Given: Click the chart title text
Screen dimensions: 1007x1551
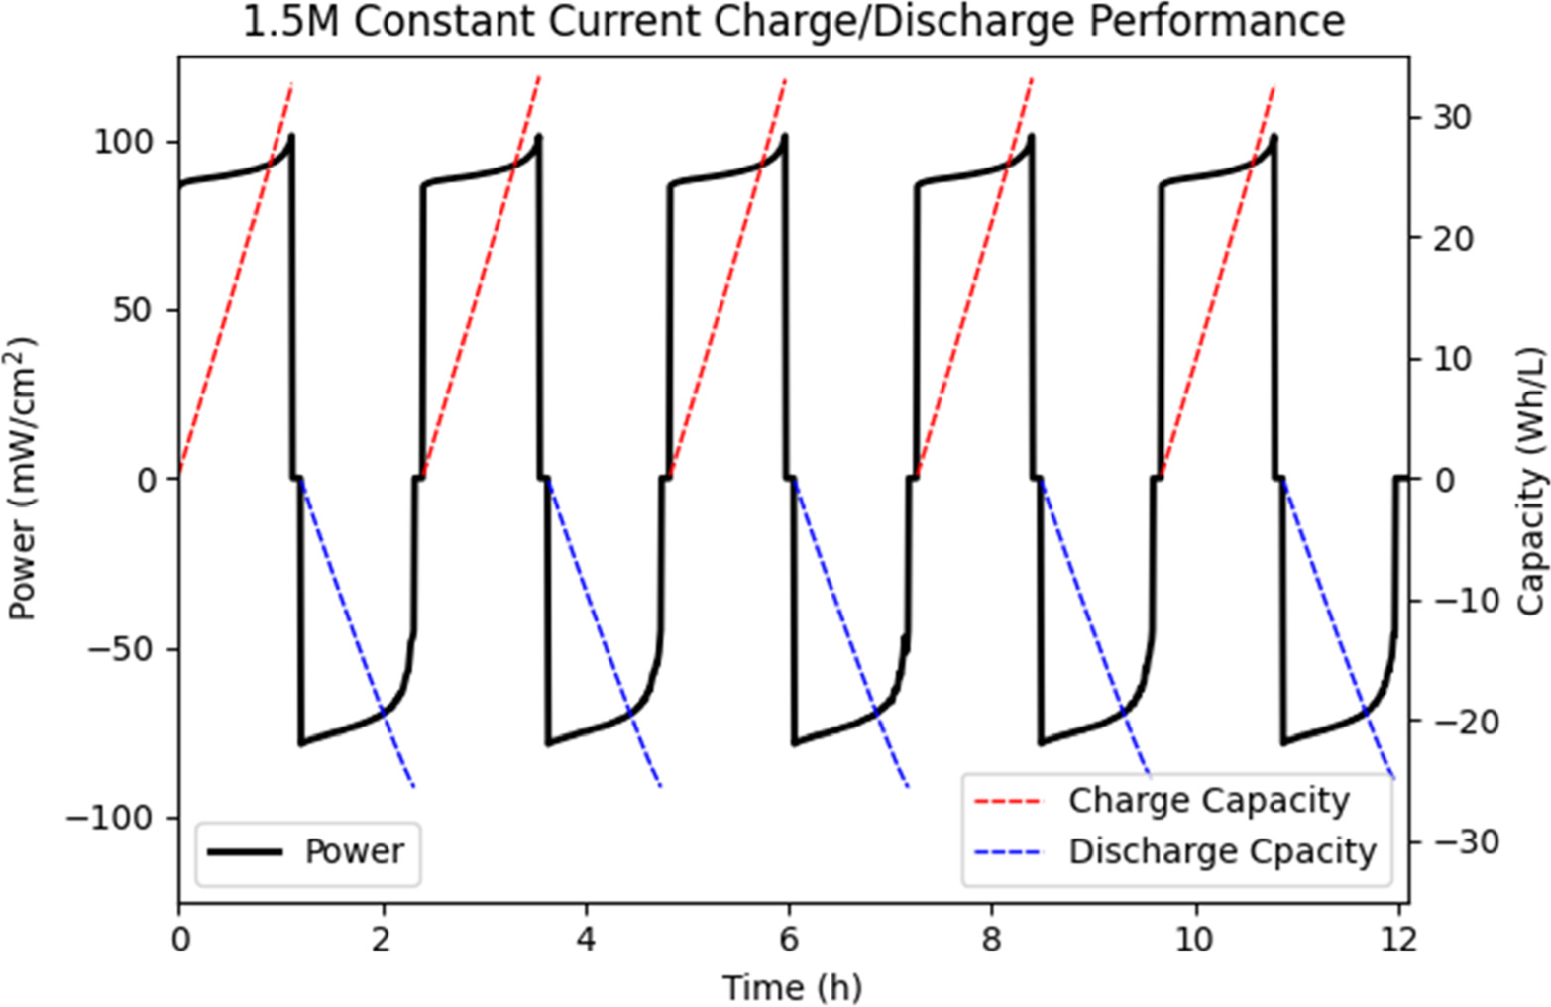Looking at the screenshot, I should click(793, 22).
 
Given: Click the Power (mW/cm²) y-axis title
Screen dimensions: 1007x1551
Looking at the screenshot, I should click(22, 479).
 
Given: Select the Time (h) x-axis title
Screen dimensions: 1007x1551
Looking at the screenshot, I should click(792, 987).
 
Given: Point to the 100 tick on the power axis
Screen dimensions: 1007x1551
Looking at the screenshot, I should click(124, 141).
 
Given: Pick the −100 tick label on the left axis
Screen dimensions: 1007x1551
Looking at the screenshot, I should click(110, 819).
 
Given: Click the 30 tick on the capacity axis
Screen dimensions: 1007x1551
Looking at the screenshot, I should click(1452, 117).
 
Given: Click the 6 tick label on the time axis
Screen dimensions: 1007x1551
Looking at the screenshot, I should click(789, 938).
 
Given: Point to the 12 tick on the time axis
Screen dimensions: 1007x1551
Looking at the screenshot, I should click(1398, 938).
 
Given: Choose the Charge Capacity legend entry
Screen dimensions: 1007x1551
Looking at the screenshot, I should click(1208, 800).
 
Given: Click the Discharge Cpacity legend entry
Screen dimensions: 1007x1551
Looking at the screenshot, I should click(1222, 851).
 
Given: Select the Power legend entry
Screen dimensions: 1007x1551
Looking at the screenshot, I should click(354, 851).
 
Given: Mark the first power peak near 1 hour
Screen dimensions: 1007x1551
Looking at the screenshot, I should click(291, 136).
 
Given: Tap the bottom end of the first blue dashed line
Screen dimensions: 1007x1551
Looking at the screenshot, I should click(413, 787).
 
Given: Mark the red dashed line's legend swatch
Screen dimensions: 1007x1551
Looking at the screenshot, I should click(1008, 800).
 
